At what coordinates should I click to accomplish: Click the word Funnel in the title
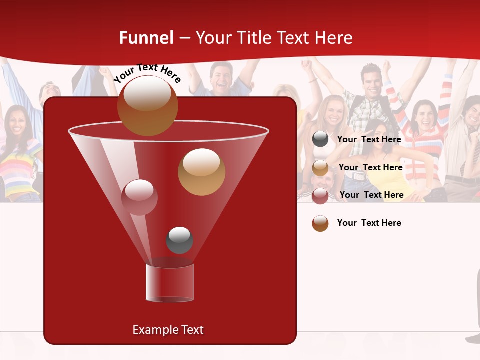(x=146, y=38)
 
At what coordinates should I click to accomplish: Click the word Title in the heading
(x=253, y=38)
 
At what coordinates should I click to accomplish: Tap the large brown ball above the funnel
(x=147, y=105)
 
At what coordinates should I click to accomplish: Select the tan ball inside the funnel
(x=201, y=172)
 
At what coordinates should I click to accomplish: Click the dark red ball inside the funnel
(x=139, y=197)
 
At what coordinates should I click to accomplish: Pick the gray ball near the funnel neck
(x=179, y=240)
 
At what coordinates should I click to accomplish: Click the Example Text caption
(x=168, y=330)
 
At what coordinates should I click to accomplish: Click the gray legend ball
(x=320, y=139)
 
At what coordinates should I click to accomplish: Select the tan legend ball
(x=320, y=168)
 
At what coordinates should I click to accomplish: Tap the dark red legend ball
(x=320, y=196)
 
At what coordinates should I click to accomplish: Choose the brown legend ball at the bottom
(x=320, y=223)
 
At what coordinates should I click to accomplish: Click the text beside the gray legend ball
(x=369, y=139)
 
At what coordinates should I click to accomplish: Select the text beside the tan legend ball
(x=370, y=167)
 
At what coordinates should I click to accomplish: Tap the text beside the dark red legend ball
(x=371, y=195)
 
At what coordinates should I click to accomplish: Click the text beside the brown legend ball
(x=369, y=223)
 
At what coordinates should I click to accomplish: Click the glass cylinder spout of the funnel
(x=170, y=283)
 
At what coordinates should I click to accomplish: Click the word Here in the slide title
(x=334, y=38)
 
